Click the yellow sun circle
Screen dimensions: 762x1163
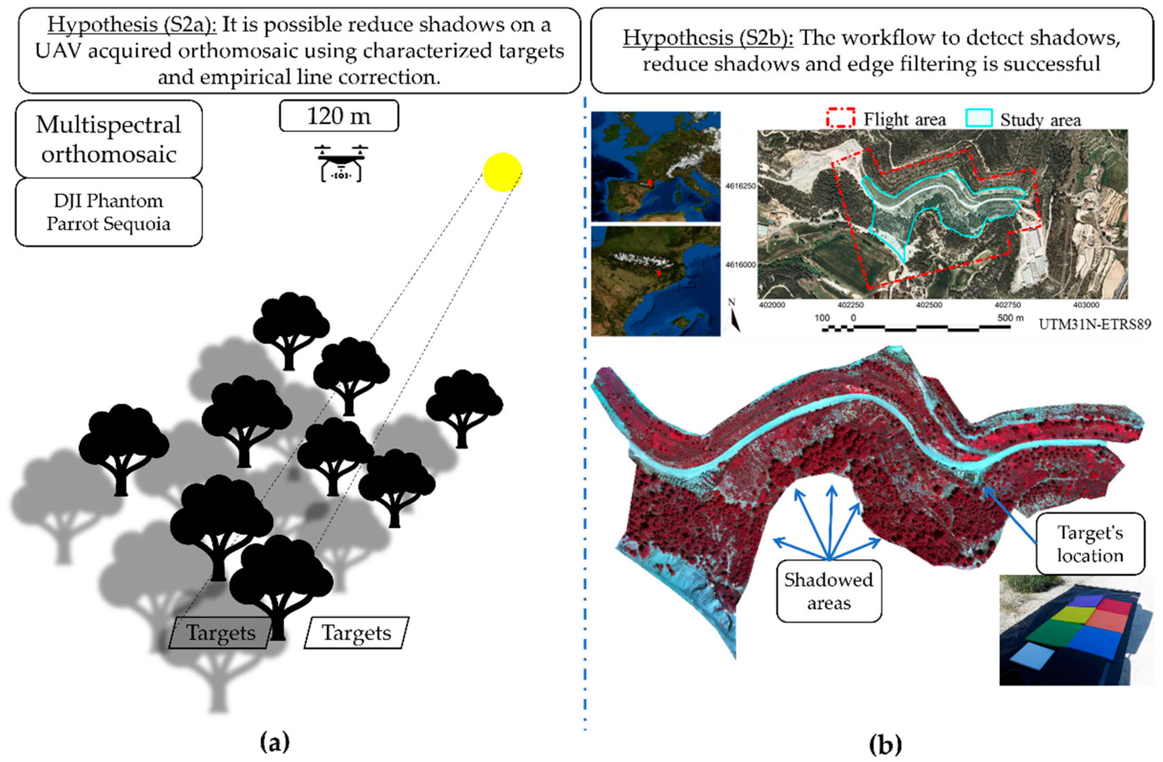tap(502, 172)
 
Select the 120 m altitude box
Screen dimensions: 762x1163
tap(339, 116)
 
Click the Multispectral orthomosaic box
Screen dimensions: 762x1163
tap(109, 139)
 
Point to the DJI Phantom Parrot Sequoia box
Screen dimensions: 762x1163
tap(109, 212)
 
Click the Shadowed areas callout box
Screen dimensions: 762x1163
tap(829, 592)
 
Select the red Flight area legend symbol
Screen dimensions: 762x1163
tap(841, 119)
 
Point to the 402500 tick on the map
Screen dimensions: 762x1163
tap(929, 305)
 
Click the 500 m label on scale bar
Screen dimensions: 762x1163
tap(1010, 318)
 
